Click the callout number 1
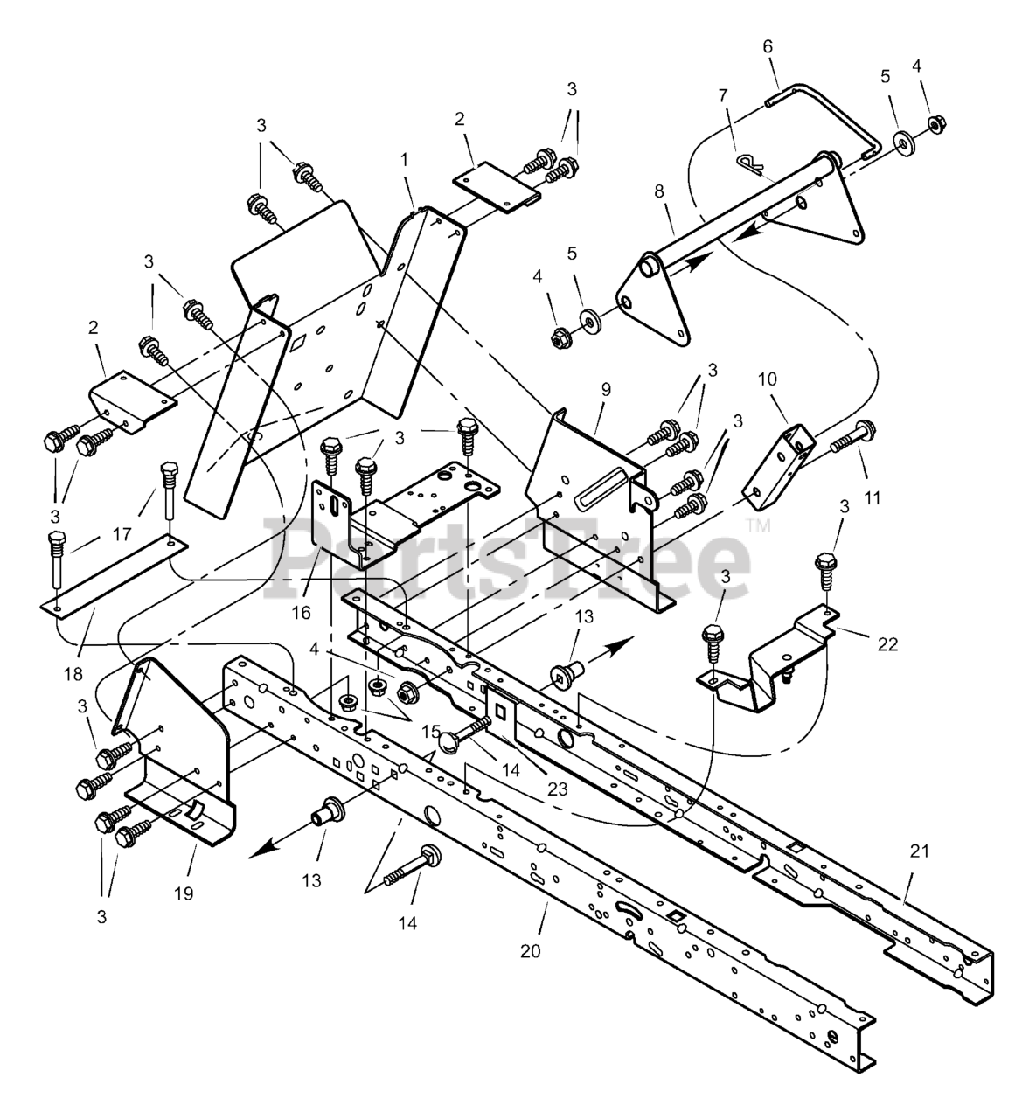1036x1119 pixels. coord(404,160)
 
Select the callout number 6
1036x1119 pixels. coord(768,46)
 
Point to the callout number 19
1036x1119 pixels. coord(184,893)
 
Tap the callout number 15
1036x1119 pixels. coord(430,730)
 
